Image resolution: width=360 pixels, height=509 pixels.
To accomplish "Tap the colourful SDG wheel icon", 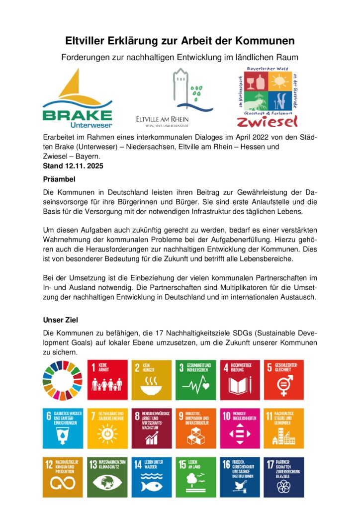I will (64, 380).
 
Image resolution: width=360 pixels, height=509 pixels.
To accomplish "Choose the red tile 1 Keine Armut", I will (107, 380).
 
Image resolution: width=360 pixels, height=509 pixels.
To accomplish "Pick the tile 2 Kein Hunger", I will (152, 380).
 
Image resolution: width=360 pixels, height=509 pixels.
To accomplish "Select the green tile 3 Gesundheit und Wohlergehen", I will (196, 380).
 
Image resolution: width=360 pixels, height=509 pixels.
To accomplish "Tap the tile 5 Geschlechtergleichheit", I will (284, 380).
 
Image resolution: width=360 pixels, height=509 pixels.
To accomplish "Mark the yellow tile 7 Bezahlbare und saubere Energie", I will (107, 428).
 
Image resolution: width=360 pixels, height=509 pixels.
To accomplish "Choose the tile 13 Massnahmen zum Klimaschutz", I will (107, 477).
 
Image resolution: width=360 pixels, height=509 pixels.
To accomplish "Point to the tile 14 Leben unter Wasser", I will (152, 477).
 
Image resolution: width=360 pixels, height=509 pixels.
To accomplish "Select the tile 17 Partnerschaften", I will (284, 477).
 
